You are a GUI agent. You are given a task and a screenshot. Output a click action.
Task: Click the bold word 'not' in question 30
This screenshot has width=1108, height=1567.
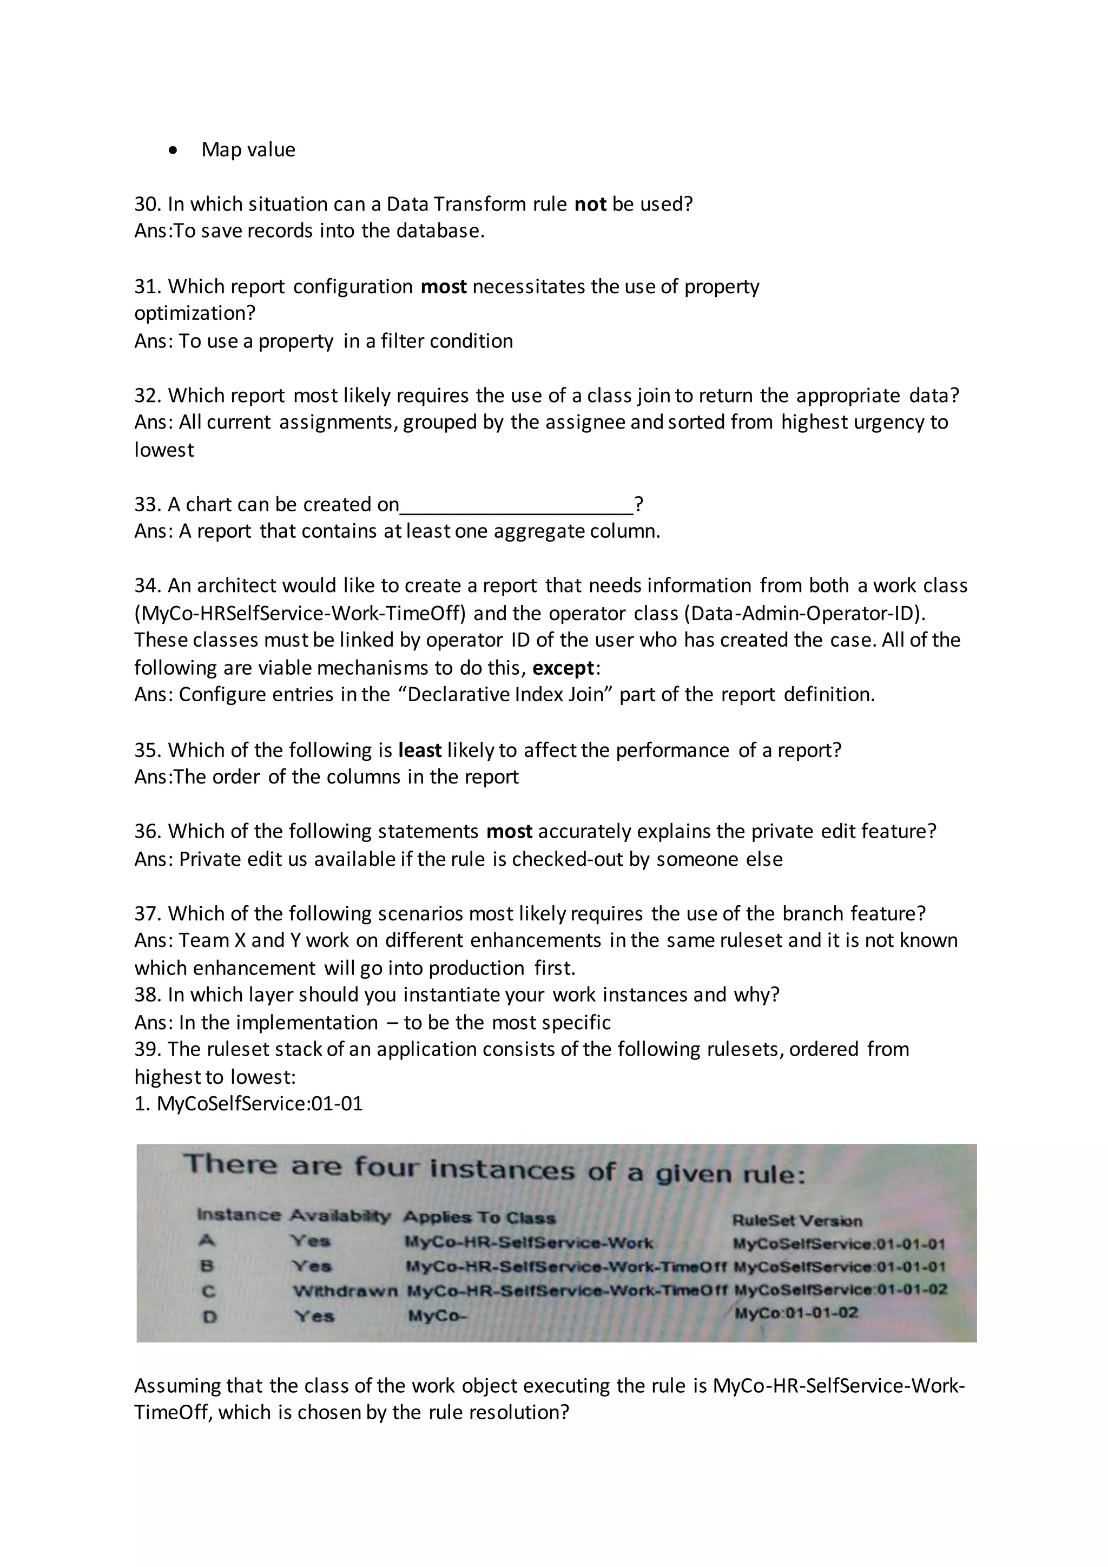point(590,204)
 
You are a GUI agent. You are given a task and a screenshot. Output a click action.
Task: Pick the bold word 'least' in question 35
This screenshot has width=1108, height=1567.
point(420,750)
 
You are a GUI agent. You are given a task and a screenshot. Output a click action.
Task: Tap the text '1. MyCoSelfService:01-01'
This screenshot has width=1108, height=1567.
point(248,1104)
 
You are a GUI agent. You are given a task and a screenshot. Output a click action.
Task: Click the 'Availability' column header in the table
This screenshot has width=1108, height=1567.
point(340,1215)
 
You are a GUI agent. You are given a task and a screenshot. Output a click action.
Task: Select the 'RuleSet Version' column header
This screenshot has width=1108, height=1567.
point(797,1220)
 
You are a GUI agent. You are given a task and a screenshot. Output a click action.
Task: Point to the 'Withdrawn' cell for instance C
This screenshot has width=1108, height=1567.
point(345,1291)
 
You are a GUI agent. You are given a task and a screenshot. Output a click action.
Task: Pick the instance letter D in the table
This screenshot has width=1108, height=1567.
point(210,1316)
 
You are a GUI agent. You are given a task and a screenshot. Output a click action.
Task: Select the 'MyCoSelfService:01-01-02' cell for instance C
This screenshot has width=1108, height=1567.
point(840,1289)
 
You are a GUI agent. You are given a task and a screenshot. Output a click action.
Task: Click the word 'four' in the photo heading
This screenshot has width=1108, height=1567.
point(386,1167)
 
